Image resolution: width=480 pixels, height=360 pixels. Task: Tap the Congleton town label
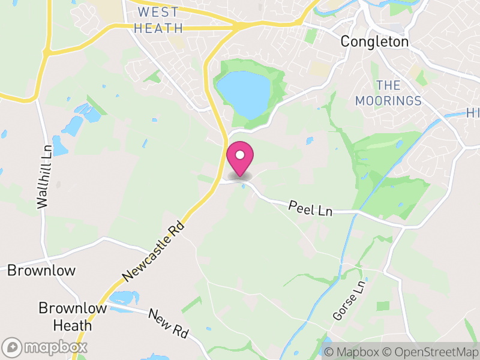pyautogui.click(x=374, y=42)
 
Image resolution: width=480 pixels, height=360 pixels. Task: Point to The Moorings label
pyautogui.click(x=388, y=93)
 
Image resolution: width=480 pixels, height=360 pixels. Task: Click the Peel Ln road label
pyautogui.click(x=310, y=209)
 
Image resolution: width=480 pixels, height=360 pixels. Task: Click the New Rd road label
pyautogui.click(x=169, y=324)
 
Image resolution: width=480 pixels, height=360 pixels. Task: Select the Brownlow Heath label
pyautogui.click(x=65, y=317)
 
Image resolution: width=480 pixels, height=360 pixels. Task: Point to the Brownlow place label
pyautogui.click(x=41, y=271)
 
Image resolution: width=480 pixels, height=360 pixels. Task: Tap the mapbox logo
pyautogui.click(x=46, y=347)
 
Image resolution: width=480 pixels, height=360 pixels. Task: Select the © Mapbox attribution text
pyautogui.click(x=352, y=352)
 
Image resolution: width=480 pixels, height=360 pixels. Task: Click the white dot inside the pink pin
pyautogui.click(x=240, y=155)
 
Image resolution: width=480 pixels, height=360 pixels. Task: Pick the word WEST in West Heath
pyautogui.click(x=158, y=12)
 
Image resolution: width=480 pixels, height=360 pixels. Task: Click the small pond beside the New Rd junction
pyautogui.click(x=124, y=297)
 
